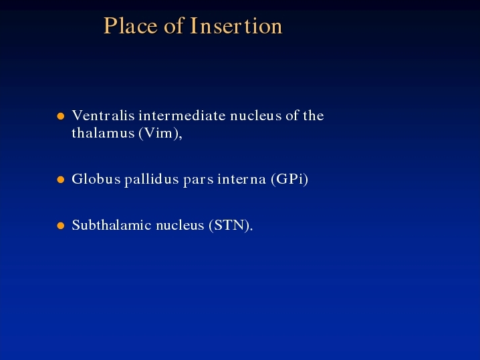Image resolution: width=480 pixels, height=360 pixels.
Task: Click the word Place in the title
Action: point(131,25)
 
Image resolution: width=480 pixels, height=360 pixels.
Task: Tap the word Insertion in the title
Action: point(236,25)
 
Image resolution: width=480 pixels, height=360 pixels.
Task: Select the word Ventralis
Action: point(103,116)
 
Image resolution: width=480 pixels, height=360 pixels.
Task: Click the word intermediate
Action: point(182,116)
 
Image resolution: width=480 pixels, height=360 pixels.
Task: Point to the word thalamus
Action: point(103,133)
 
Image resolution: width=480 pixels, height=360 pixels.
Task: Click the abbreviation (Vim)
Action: point(160,134)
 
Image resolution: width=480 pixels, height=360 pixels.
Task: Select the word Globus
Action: point(96,179)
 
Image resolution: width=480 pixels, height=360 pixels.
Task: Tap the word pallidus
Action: point(152,180)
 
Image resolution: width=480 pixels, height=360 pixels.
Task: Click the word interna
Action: point(241,179)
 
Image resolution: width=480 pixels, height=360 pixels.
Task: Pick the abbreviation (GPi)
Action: point(289,180)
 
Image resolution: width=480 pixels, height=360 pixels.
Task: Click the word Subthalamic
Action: point(112,225)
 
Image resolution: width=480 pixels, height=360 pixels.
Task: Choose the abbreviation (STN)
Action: point(231,226)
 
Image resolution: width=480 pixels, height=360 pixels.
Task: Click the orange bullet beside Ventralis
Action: point(61,116)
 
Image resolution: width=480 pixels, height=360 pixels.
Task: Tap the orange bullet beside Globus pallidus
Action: point(61,180)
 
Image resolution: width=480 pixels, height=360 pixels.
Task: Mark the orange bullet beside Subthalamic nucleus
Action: point(61,226)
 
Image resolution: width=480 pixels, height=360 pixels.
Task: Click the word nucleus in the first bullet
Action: point(256,116)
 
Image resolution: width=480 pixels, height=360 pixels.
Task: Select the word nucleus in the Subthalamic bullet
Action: point(180,226)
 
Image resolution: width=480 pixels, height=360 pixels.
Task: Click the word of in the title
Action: point(174,25)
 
